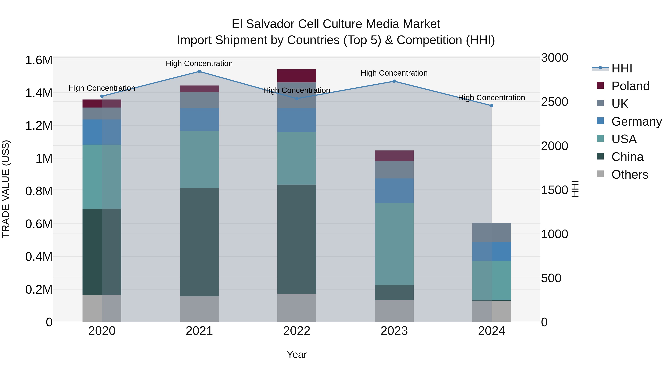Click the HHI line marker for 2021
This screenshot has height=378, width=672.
coord(199,71)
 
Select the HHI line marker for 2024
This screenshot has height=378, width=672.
coord(491,106)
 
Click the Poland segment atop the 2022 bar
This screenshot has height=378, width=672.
coord(297,76)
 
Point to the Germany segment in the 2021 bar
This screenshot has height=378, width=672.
coord(199,119)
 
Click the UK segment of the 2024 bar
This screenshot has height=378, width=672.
coord(491,232)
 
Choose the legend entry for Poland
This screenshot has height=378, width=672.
coord(630,86)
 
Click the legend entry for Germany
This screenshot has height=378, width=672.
coord(636,122)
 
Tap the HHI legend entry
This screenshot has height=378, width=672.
coord(621,68)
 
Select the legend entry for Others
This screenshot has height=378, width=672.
coord(629,175)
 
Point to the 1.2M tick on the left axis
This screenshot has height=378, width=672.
coord(39,126)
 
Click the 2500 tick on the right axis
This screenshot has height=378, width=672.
coord(554,102)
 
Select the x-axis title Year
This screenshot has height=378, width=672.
coord(297,354)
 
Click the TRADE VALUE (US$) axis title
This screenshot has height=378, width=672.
coord(6,189)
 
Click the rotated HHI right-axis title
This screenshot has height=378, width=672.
coord(575,189)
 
